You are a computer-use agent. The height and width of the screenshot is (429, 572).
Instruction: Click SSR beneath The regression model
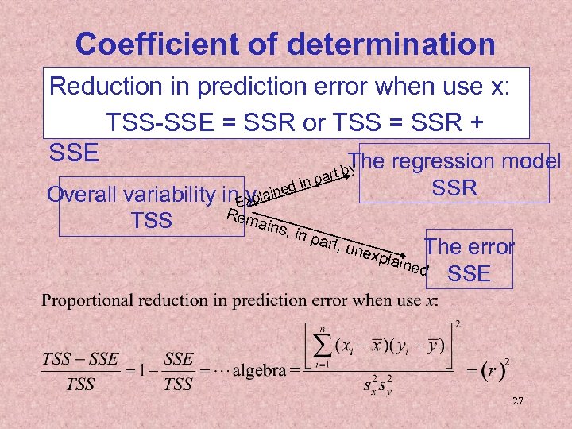(454, 188)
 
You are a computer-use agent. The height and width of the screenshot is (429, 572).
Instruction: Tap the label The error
(470, 247)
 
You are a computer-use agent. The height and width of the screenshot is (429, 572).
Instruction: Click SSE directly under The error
(470, 274)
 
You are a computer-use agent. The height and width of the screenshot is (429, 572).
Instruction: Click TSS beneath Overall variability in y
(153, 220)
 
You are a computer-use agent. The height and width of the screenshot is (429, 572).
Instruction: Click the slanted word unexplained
(389, 253)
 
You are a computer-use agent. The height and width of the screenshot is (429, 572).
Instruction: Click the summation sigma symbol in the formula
(323, 344)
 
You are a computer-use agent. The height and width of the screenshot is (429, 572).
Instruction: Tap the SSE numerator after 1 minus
(178, 358)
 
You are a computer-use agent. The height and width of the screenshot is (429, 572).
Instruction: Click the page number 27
(518, 402)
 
